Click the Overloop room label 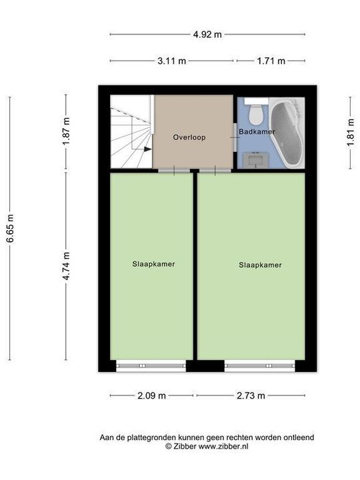point(189,138)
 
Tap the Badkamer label point(257,132)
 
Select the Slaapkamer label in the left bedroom point(153,264)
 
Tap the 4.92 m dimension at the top point(207,35)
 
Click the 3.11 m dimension point(172,61)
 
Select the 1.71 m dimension point(271,61)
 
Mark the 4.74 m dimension point(66,265)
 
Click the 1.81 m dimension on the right point(350,133)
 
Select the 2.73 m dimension point(251,395)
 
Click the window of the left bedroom point(151,365)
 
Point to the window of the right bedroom point(259,365)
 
